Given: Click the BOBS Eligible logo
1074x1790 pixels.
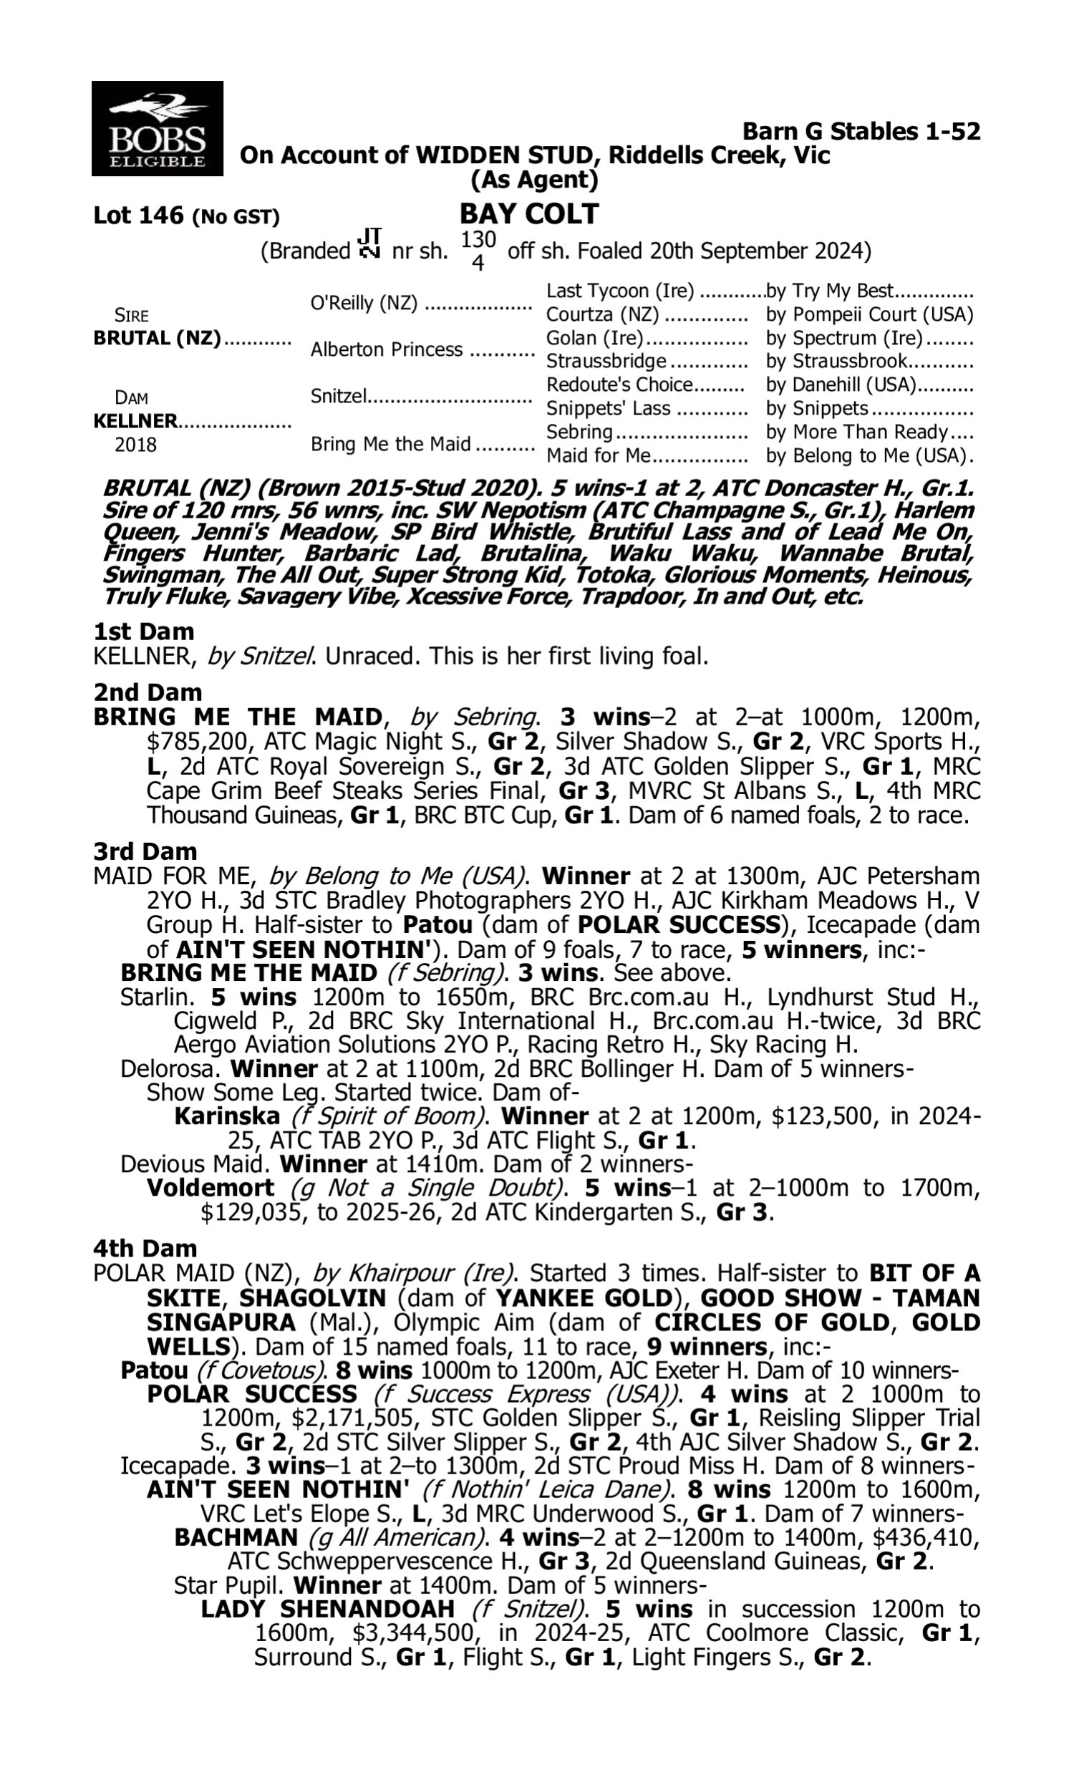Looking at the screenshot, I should (x=157, y=129).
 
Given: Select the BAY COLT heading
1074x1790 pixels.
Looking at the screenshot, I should (x=529, y=214).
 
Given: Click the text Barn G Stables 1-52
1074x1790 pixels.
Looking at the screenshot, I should (x=861, y=131).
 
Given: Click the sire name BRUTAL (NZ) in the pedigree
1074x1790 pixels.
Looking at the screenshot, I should (x=156, y=339).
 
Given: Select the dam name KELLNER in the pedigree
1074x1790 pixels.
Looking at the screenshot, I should (x=135, y=421).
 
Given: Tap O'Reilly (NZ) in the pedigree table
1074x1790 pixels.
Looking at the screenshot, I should (x=363, y=303).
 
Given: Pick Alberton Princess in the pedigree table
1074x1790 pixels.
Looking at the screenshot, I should (x=386, y=349).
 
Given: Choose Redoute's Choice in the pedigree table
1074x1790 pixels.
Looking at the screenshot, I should (x=619, y=384).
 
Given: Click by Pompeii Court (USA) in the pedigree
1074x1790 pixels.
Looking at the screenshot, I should (x=869, y=315).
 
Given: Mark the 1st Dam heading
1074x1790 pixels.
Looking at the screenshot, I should (x=143, y=632).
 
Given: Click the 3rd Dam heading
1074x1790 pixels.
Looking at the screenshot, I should (x=145, y=851).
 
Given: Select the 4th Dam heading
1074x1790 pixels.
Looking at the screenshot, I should (x=145, y=1248).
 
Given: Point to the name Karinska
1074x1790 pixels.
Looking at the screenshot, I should (x=226, y=1116).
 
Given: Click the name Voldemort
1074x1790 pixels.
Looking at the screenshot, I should (x=210, y=1188).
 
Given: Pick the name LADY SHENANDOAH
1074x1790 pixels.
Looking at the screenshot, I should (x=327, y=1610).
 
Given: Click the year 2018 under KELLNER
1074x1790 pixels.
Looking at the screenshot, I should (x=135, y=444).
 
